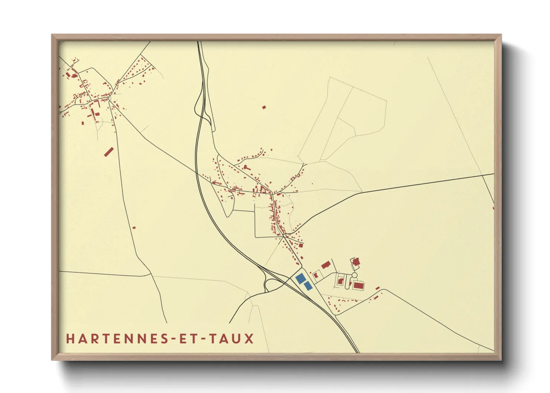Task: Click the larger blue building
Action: pos(300,278)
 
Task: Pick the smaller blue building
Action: pos(308,286)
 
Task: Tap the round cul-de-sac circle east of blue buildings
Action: pos(354,275)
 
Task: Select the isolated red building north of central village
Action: pos(264,107)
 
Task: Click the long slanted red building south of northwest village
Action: pos(109,152)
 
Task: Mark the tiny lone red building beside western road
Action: pos(134,228)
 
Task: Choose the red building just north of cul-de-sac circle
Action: pos(356,262)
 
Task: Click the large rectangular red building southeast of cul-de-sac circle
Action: pos(358,286)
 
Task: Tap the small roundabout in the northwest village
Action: pos(108,98)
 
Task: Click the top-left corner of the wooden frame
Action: pos(52,35)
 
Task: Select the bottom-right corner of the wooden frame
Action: pos(501,360)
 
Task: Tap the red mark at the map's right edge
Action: pos(493,208)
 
